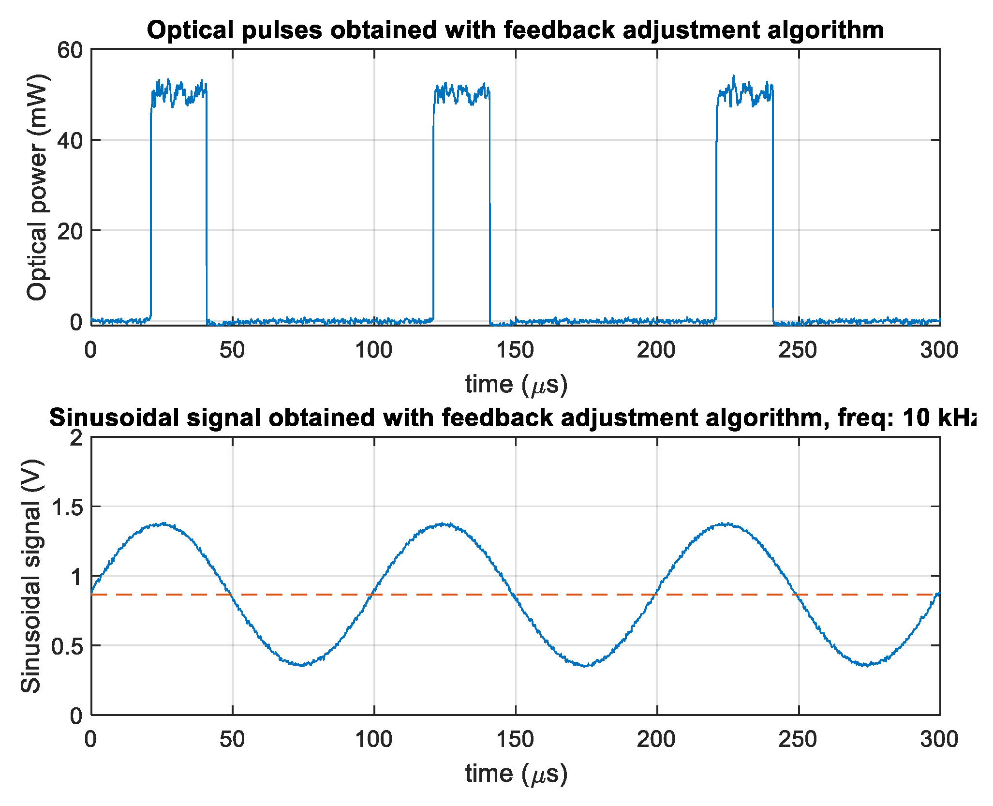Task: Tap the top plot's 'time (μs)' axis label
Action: (x=516, y=385)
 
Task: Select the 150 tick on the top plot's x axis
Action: (x=515, y=350)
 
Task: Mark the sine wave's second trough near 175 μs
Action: (x=586, y=666)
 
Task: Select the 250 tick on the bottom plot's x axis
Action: (x=798, y=739)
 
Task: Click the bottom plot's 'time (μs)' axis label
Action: (x=516, y=774)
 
